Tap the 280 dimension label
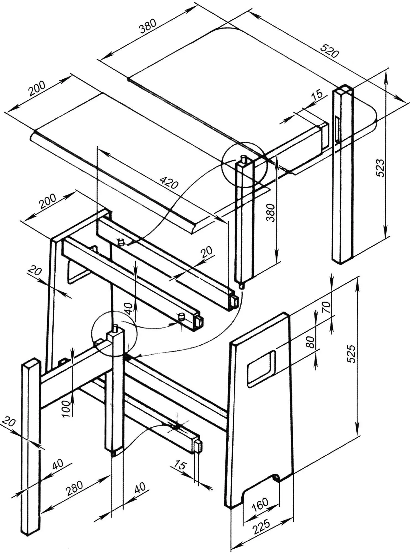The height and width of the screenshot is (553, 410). point(74,489)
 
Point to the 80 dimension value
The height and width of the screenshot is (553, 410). point(311,343)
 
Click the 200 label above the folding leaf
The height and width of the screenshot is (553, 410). point(37,89)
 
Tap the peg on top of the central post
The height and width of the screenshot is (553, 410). point(115,329)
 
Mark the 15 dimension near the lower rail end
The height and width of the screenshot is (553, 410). point(180,465)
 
